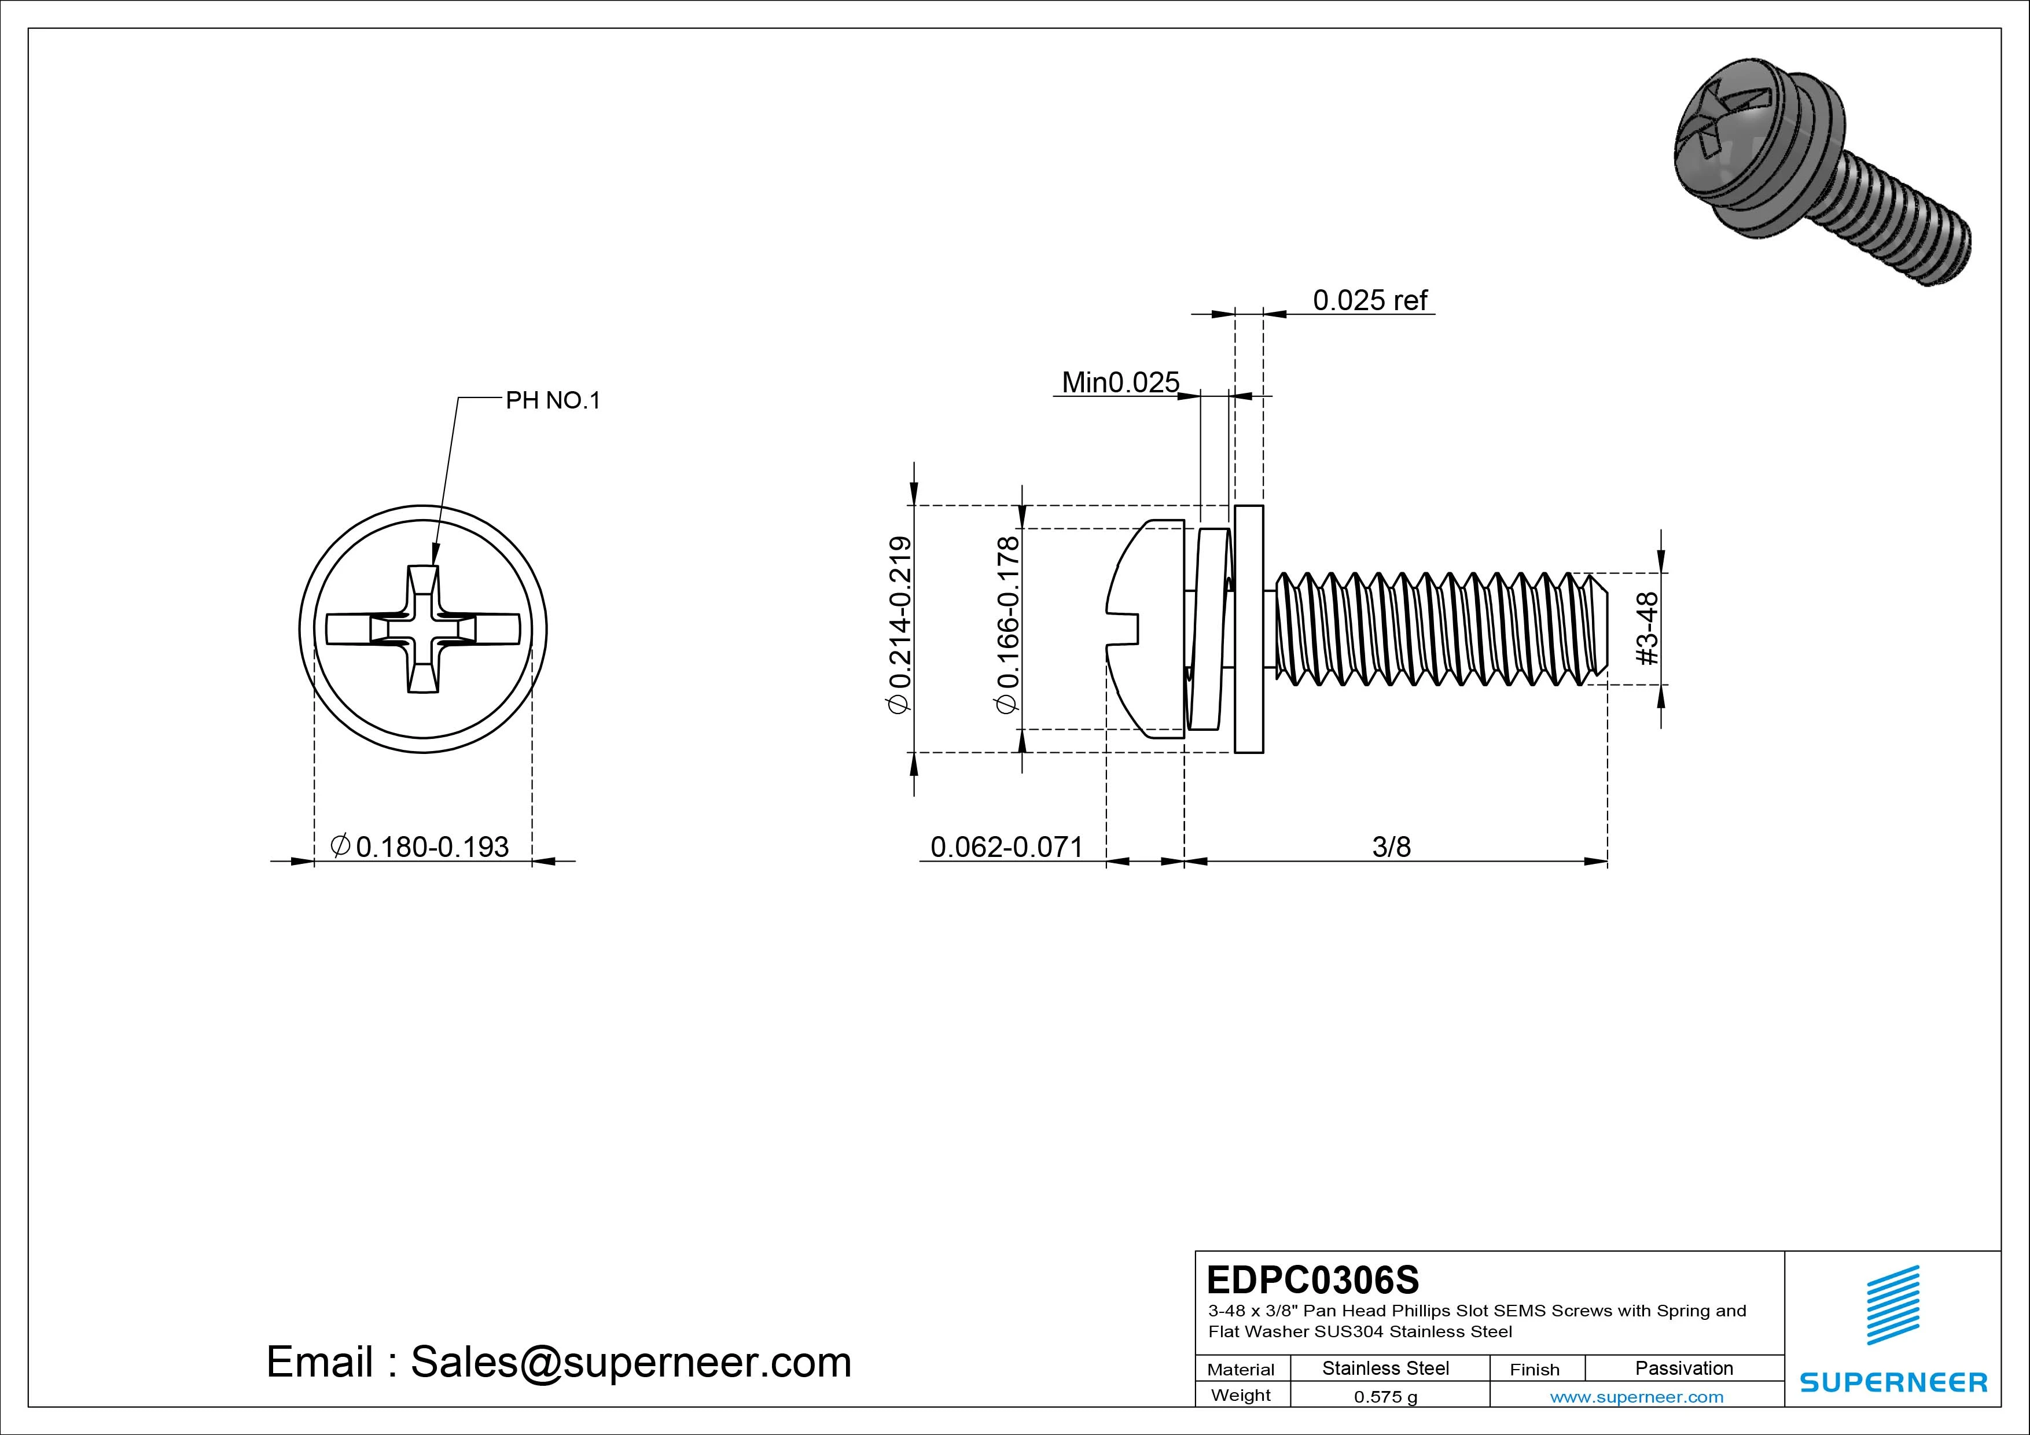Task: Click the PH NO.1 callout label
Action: pyautogui.click(x=553, y=400)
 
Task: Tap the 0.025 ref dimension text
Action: pyautogui.click(x=1370, y=301)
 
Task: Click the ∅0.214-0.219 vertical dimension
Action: pyautogui.click(x=899, y=624)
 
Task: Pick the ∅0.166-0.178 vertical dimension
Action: pyautogui.click(x=1008, y=624)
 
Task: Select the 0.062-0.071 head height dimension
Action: pyautogui.click(x=1006, y=847)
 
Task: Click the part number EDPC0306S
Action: pyautogui.click(x=1313, y=1279)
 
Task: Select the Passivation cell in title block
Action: pyautogui.click(x=1683, y=1368)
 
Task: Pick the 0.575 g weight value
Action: pyautogui.click(x=1385, y=1397)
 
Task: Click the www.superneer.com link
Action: pyautogui.click(x=1636, y=1397)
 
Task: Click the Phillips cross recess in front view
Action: pyautogui.click(x=422, y=630)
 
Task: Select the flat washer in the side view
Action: pyautogui.click(x=1248, y=630)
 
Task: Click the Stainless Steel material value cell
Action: pyautogui.click(x=1385, y=1368)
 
